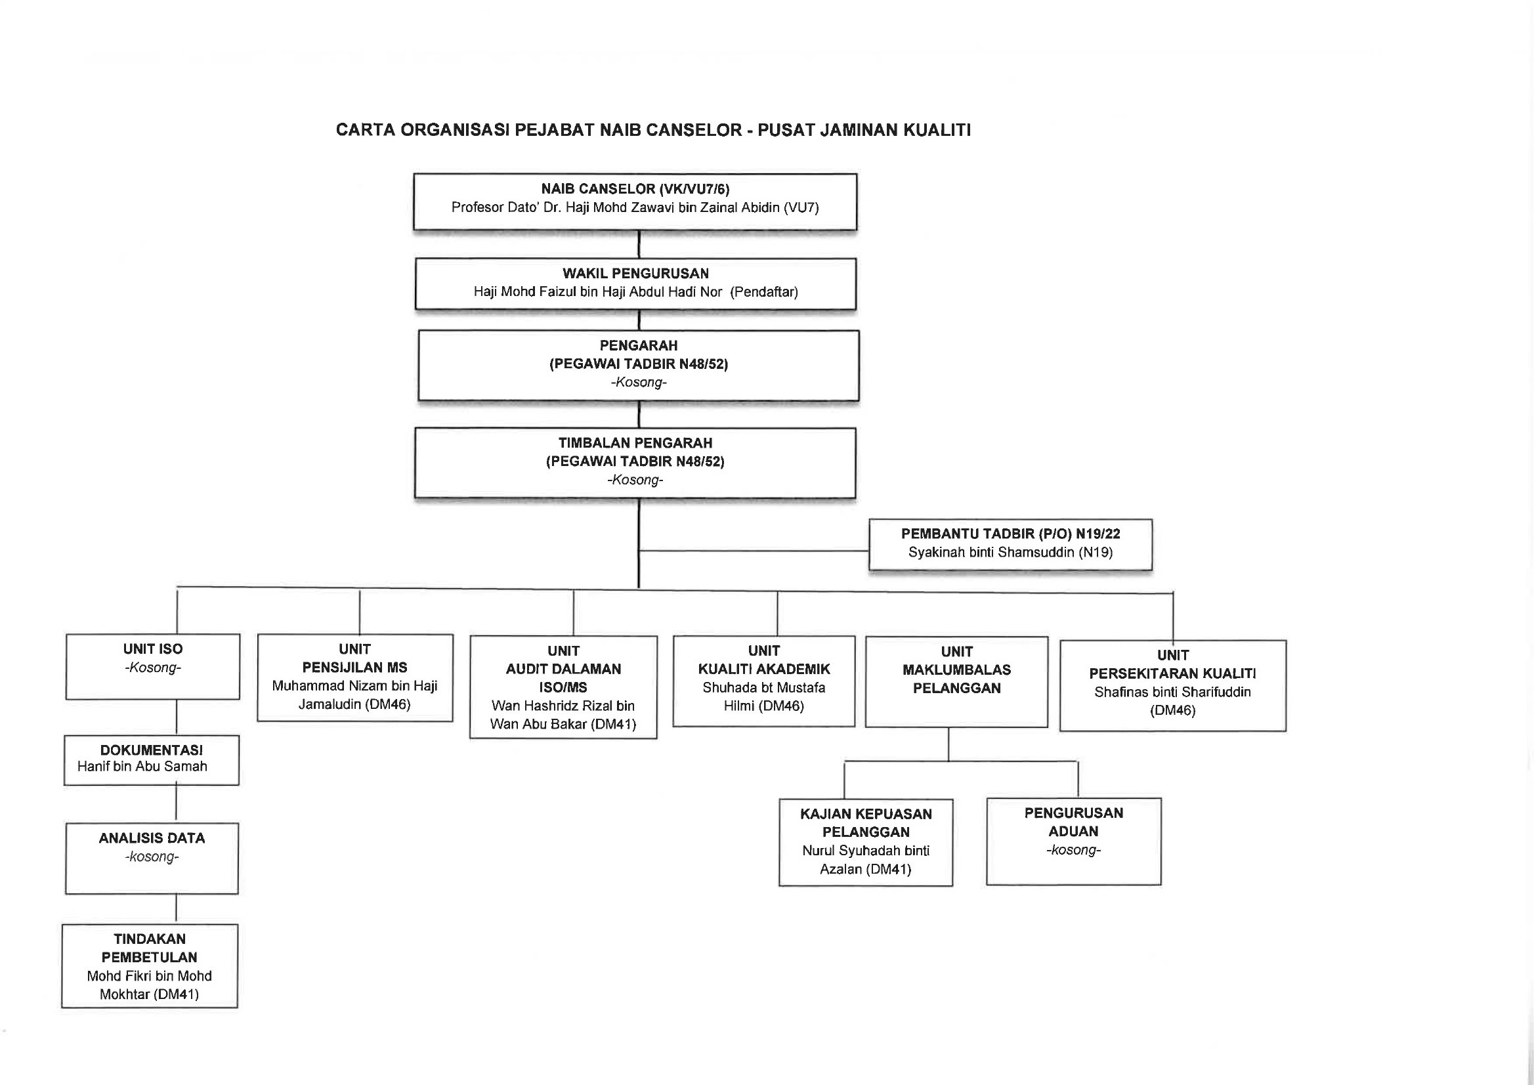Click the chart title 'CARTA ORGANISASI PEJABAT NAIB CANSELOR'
538,129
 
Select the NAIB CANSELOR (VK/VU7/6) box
635,202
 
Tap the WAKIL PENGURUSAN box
635,284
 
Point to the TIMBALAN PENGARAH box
635,463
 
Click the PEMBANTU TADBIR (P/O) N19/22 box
1010,545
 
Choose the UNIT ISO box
153,667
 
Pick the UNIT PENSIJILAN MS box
354,677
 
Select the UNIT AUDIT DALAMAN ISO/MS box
563,687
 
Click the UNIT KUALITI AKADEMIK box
763,681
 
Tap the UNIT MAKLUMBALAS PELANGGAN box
957,681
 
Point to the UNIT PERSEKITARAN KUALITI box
1172,685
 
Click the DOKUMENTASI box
152,760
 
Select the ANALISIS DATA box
152,859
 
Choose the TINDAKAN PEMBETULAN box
150,966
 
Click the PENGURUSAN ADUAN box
1074,841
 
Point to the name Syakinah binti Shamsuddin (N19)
1010,553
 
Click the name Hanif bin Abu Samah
142,766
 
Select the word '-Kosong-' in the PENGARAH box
639,383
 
